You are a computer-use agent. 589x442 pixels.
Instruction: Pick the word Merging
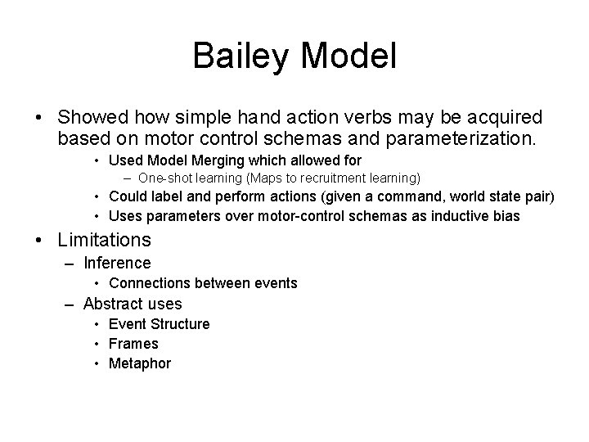click(231, 161)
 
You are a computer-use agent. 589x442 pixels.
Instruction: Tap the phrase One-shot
click(164, 178)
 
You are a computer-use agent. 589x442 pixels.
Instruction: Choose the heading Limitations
click(105, 240)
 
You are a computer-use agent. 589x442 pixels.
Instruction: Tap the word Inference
click(117, 263)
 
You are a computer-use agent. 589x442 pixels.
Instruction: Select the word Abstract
click(114, 304)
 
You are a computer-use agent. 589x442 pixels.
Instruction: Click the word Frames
click(133, 344)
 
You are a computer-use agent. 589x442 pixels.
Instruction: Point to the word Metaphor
click(140, 363)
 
